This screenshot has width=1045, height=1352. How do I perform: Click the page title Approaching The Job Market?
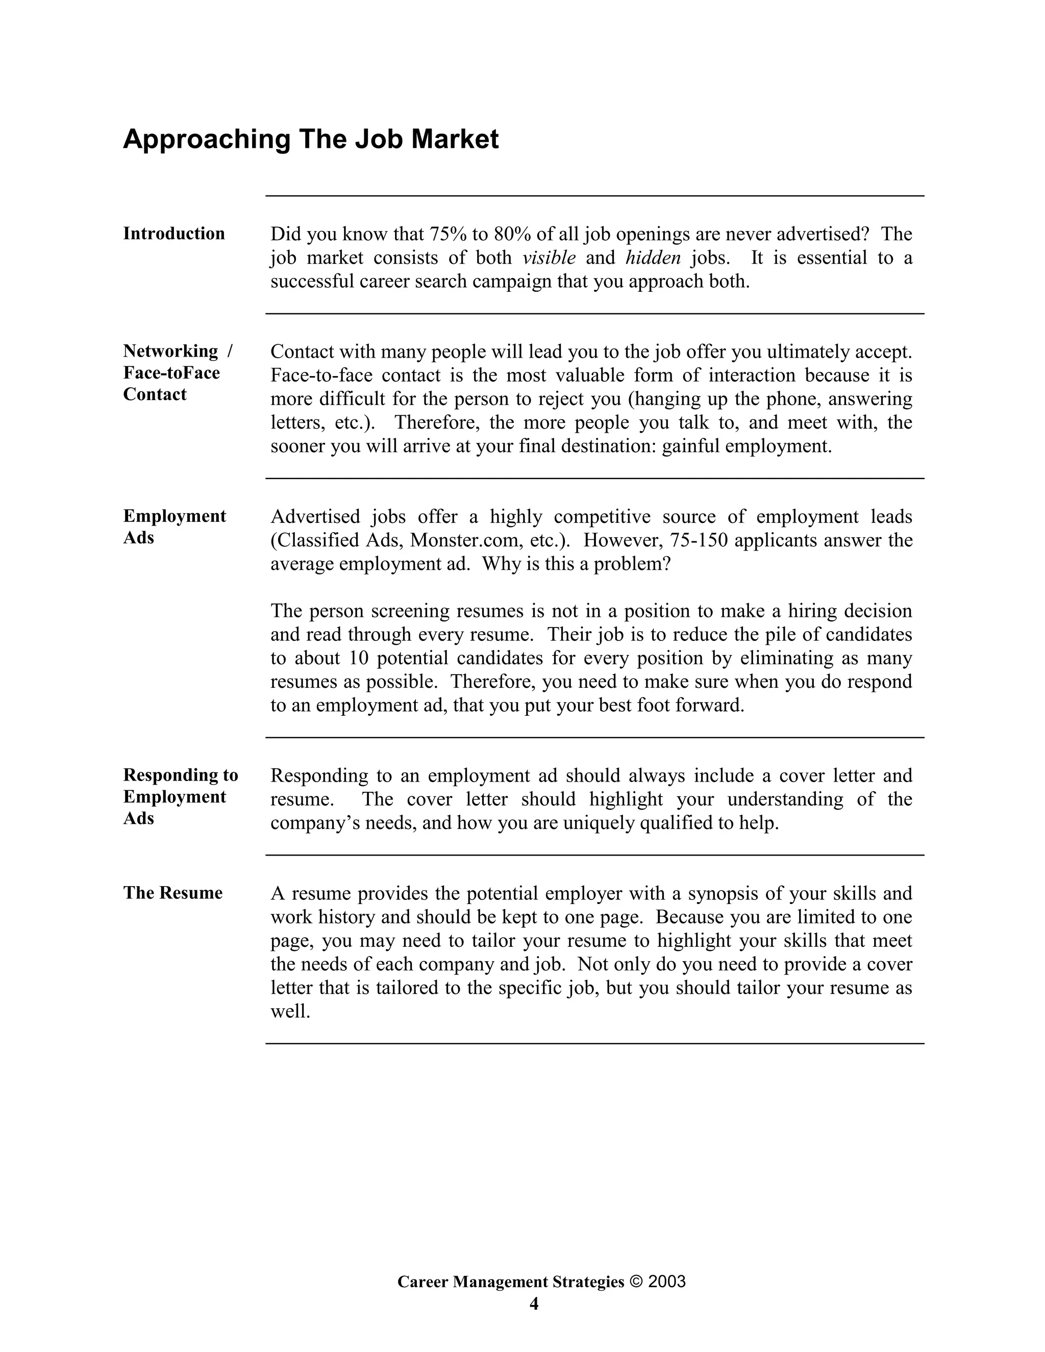coord(310,139)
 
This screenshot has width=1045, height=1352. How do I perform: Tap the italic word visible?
coord(549,258)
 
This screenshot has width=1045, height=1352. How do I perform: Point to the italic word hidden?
coord(653,258)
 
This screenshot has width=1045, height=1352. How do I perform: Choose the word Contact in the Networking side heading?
coord(155,394)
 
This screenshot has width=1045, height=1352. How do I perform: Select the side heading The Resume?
coord(173,893)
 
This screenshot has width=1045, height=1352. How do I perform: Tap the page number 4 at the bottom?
coord(534,1304)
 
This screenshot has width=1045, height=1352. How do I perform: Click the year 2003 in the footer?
coord(667,1282)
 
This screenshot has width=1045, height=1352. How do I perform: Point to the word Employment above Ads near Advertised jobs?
coord(175,516)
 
